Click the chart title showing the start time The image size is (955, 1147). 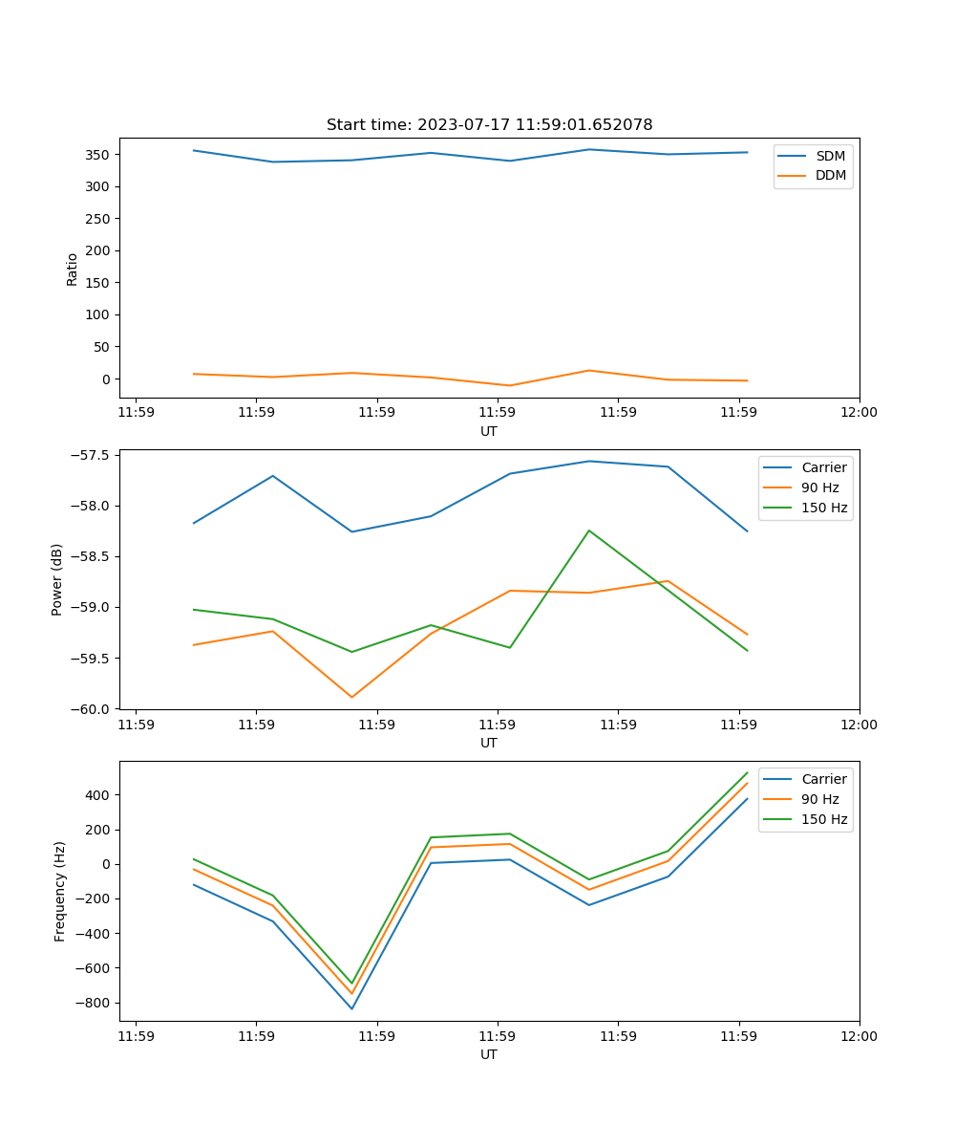pyautogui.click(x=489, y=125)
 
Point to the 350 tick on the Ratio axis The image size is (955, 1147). pyautogui.click(x=100, y=155)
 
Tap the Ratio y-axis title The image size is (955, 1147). pyautogui.click(x=73, y=269)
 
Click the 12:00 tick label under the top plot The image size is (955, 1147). pyautogui.click(x=859, y=413)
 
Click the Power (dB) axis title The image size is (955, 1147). pyautogui.click(x=57, y=579)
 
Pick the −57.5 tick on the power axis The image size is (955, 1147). pyautogui.click(x=92, y=455)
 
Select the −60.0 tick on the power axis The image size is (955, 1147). pyautogui.click(x=92, y=709)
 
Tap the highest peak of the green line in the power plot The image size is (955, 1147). pyautogui.click(x=589, y=530)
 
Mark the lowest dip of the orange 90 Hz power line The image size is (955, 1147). pyautogui.click(x=351, y=697)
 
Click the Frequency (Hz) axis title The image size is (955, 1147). pyautogui.click(x=59, y=891)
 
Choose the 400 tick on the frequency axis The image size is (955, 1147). pyautogui.click(x=99, y=795)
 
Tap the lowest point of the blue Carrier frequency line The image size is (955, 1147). pyautogui.click(x=351, y=1008)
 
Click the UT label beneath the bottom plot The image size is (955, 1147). pyautogui.click(x=489, y=1054)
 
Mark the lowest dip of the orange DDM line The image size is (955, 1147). pyautogui.click(x=509, y=385)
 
